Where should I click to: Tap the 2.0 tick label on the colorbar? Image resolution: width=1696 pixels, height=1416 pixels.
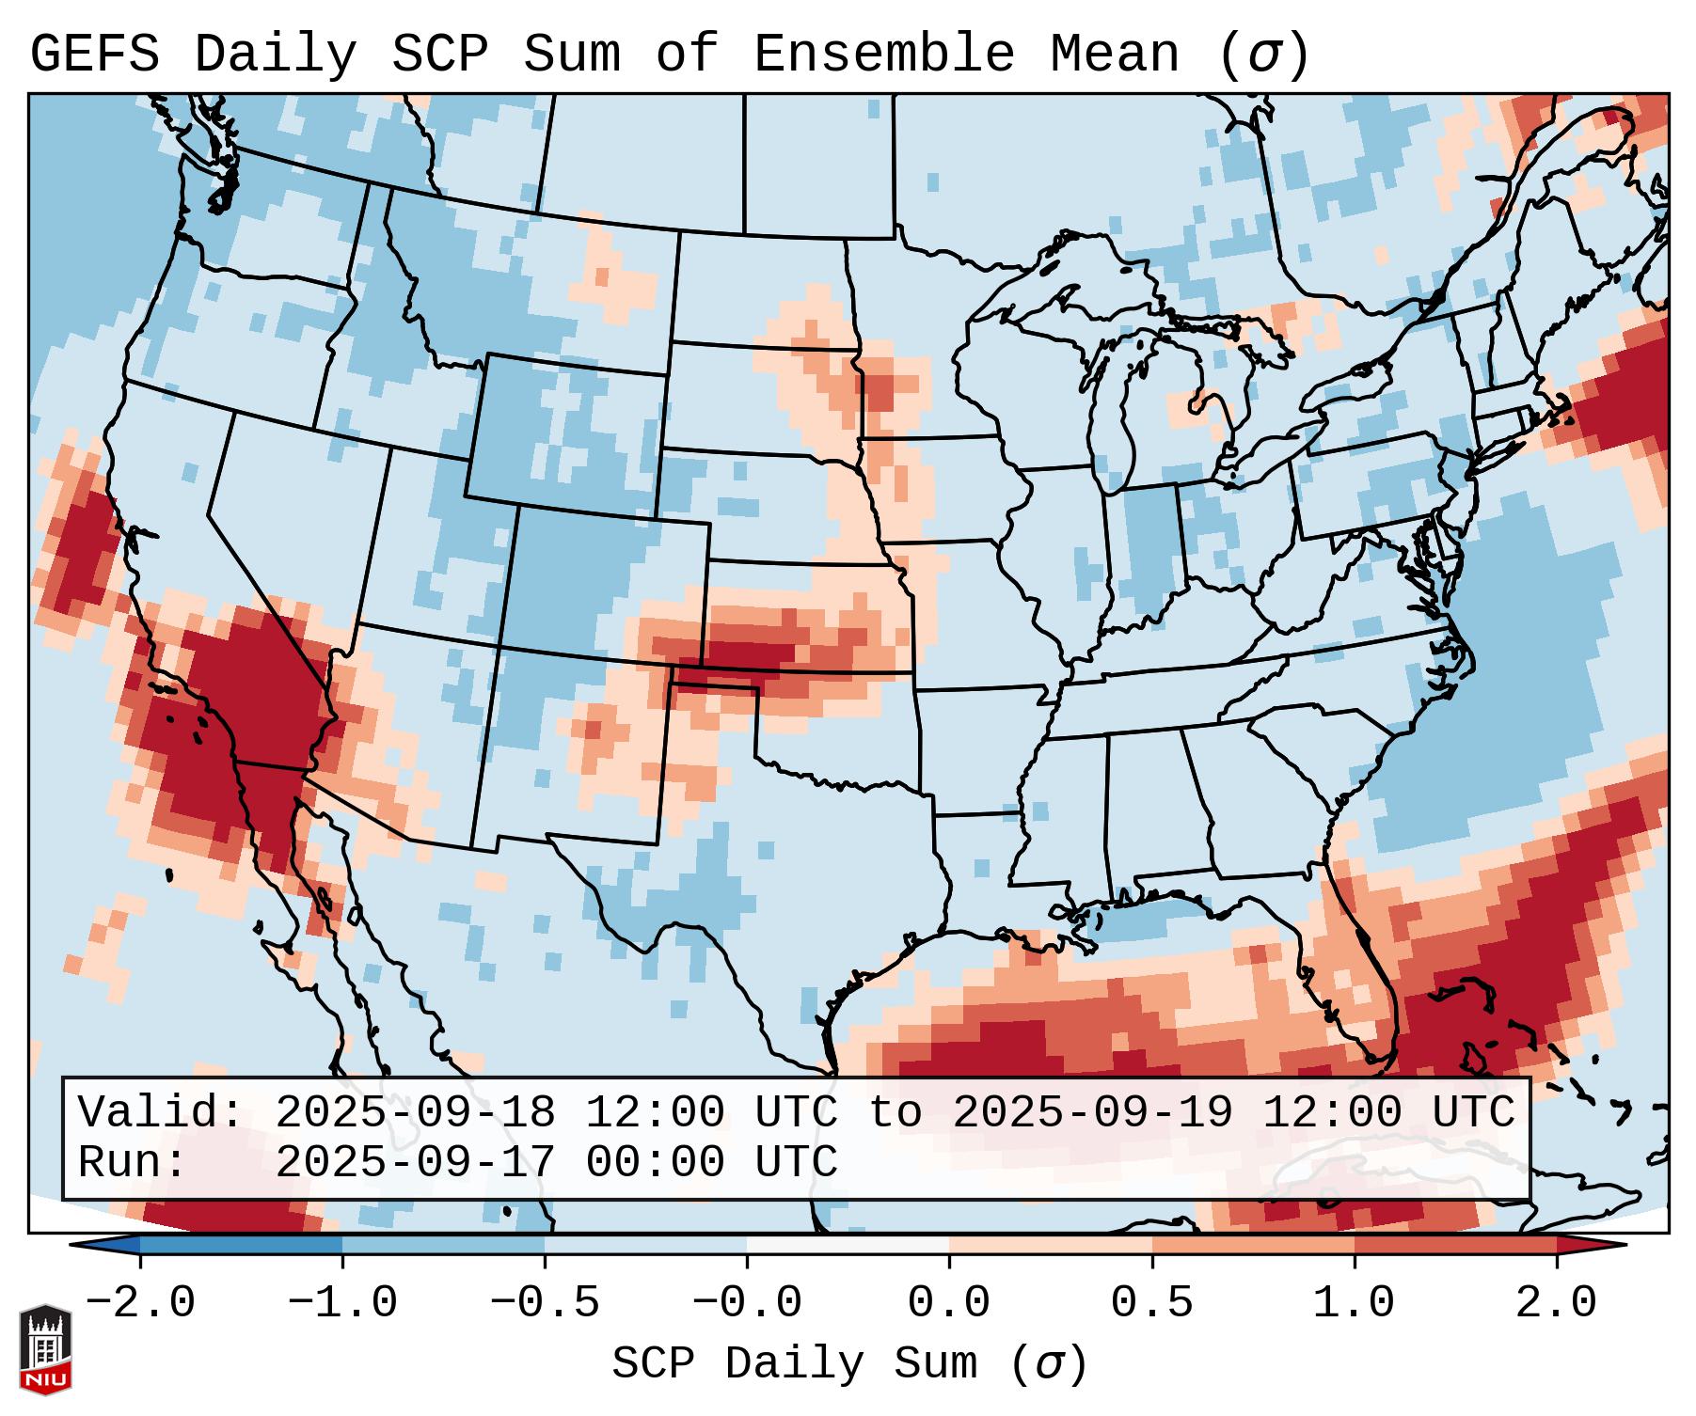tap(1556, 1303)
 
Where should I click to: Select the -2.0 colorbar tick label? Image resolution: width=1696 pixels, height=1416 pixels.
tap(140, 1303)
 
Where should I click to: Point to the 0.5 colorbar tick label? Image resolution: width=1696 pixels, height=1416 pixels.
tap(1151, 1303)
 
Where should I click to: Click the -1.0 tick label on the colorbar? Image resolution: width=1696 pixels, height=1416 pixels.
tap(342, 1303)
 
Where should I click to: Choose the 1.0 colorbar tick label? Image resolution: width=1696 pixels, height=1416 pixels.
tap(1354, 1303)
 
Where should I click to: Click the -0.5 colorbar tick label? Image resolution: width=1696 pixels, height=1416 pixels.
tap(545, 1303)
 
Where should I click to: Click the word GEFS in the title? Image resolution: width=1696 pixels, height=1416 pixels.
tap(95, 54)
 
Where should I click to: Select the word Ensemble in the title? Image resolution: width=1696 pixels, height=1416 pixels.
tap(883, 54)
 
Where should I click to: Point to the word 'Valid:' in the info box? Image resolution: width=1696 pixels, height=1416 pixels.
tap(161, 1112)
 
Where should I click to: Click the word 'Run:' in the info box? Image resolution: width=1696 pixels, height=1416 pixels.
tap(133, 1162)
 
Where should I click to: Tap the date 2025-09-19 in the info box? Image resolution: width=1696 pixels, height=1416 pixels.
tap(1092, 1112)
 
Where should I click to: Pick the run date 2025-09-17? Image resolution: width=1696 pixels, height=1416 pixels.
tap(415, 1162)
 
